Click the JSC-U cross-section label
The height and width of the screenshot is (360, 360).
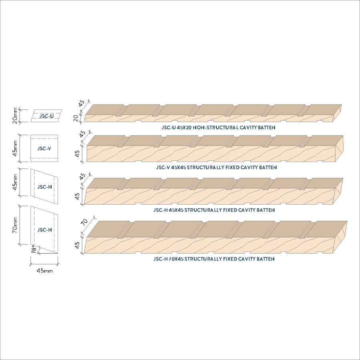point(46,116)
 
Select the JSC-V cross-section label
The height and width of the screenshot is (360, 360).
point(44,148)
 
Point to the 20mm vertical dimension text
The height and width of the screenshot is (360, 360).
point(15,115)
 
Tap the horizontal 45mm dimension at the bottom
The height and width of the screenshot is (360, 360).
point(44,271)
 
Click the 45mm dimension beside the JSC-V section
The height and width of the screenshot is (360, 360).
point(15,148)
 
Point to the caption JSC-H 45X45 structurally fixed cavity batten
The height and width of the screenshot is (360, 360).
point(214,210)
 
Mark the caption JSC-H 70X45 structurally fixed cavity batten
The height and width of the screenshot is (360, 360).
point(214,259)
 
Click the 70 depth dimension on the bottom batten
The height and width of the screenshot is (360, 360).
point(84,223)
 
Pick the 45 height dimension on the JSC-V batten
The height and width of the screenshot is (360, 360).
point(78,153)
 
